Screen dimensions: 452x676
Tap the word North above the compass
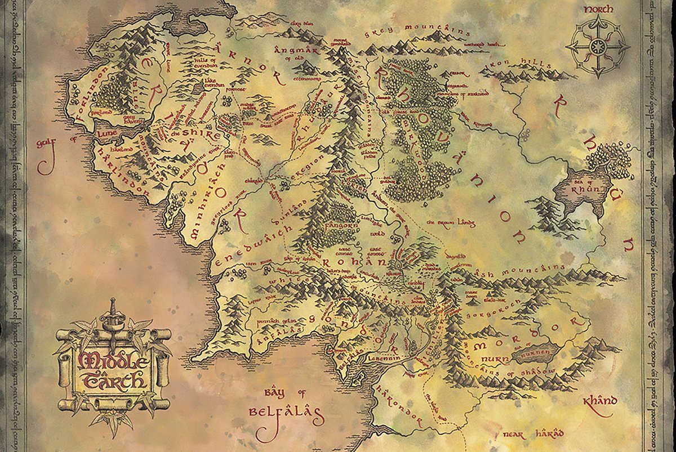599,10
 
